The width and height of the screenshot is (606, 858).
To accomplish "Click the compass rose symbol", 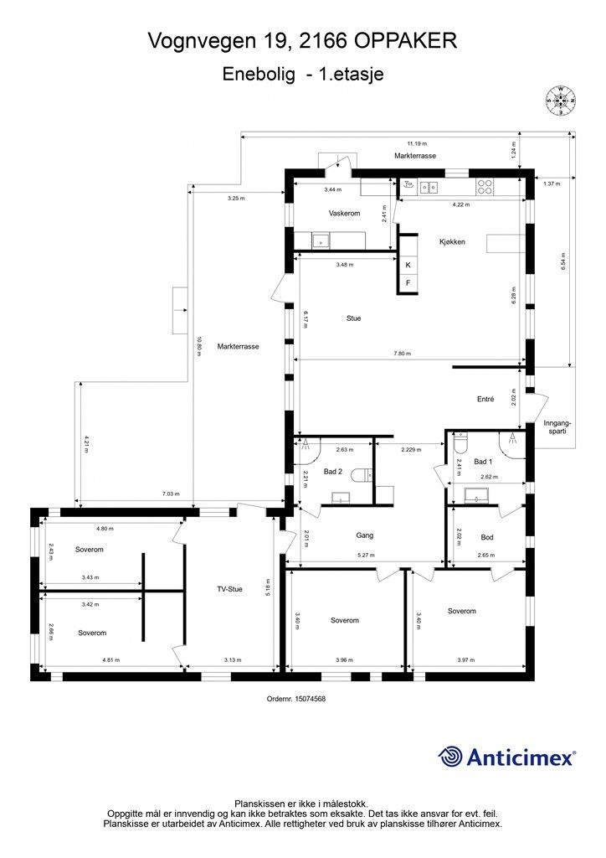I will coord(561,100).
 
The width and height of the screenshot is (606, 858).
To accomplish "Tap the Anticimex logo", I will coord(507,757).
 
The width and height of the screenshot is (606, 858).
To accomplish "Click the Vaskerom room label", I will coord(344,214).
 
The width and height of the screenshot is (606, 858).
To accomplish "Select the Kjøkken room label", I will coord(451,241).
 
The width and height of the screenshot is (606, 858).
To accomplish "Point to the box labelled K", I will coord(408,265).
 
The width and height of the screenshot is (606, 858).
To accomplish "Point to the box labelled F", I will coord(408,283).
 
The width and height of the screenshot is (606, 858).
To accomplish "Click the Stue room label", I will coord(354,318).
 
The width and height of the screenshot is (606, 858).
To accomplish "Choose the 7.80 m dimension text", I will coord(402,354).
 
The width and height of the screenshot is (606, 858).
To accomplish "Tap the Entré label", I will coord(485,400).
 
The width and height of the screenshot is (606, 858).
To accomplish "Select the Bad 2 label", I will coord(333,472).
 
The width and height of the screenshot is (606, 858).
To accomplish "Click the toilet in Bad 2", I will coord(362,475).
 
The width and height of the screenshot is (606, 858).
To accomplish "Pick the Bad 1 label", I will coord(483,462).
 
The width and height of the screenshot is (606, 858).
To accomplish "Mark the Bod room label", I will coord(487,537).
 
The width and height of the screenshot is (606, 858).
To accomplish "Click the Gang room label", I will coord(364,535).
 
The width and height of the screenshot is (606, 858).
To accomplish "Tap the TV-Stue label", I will coord(229,589).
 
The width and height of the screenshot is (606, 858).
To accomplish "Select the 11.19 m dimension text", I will coord(417,142).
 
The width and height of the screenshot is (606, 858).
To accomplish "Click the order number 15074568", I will coord(295,698).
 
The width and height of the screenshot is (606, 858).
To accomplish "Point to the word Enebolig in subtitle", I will coord(259,74).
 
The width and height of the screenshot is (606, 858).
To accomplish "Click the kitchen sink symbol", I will coord(429,188).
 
